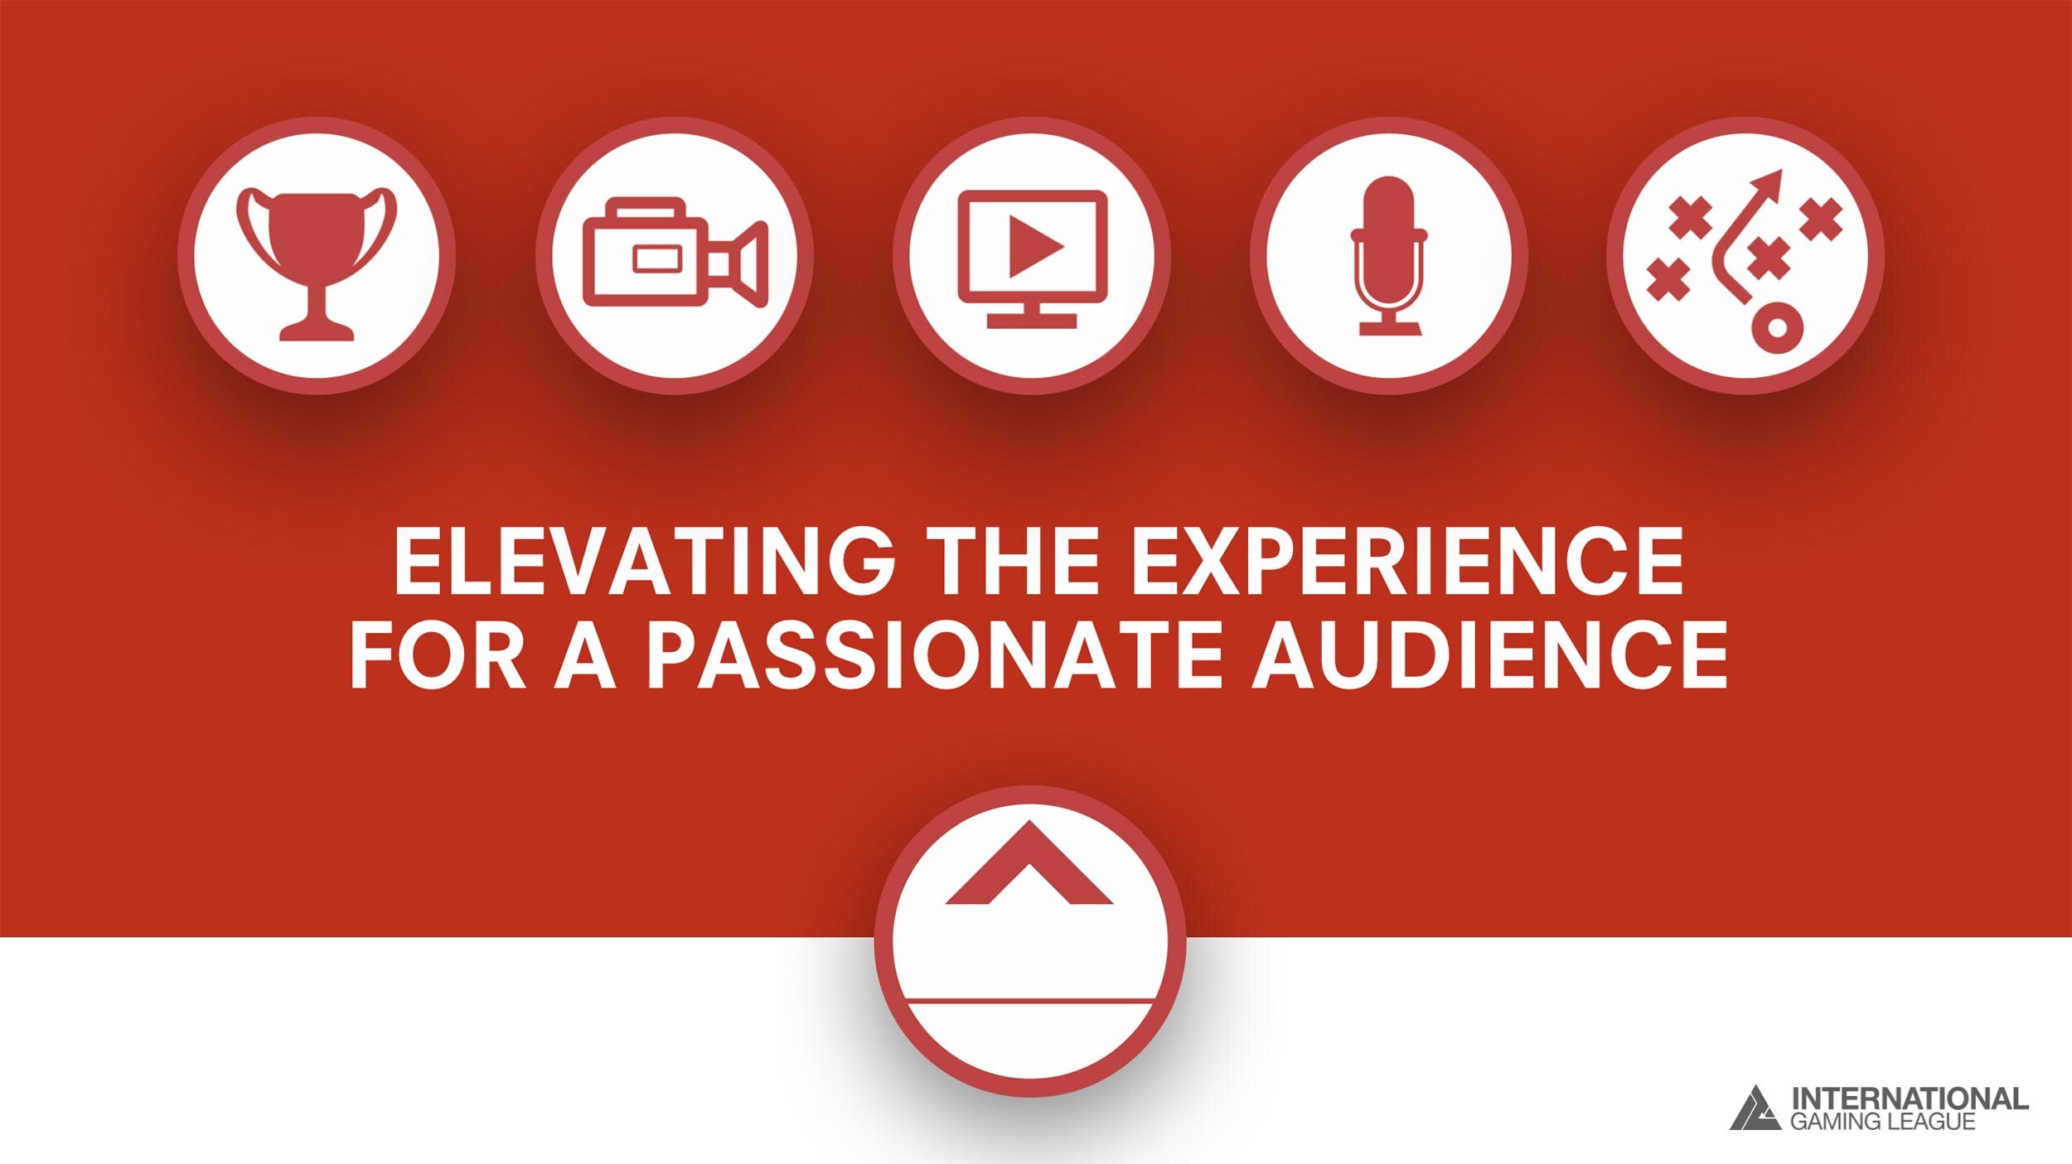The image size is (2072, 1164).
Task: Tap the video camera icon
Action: click(675, 253)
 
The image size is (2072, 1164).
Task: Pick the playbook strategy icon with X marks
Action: click(1745, 261)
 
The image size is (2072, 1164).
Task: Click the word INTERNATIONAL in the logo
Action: click(1910, 1099)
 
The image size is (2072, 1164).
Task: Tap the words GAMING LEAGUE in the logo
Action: click(1883, 1122)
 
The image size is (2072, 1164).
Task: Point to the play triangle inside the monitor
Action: click(1036, 247)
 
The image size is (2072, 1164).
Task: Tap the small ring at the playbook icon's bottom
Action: click(1777, 328)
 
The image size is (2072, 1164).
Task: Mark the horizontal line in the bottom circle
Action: click(1030, 1002)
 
